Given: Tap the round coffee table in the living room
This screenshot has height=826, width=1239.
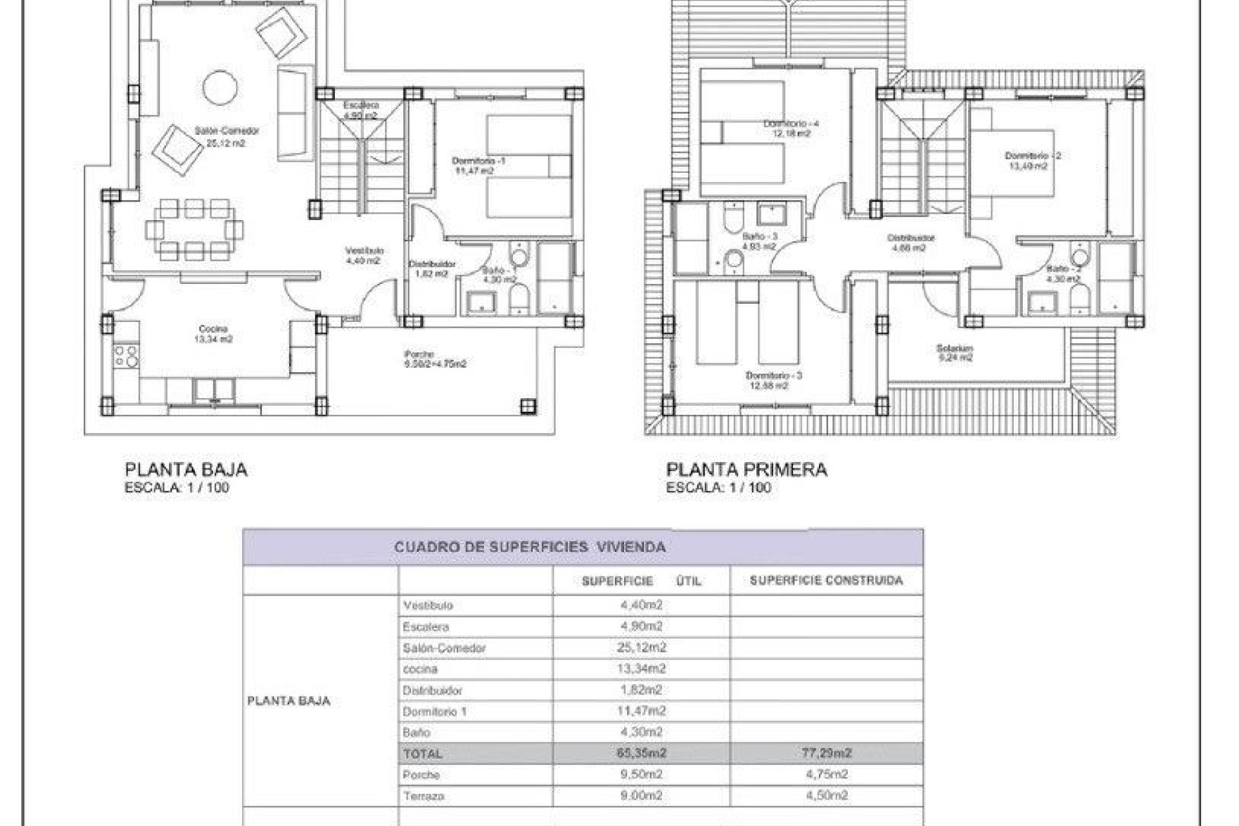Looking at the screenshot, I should pyautogui.click(x=220, y=87).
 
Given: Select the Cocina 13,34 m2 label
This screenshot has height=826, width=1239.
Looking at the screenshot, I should pyautogui.click(x=213, y=334).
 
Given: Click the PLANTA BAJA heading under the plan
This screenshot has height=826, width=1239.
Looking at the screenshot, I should pyautogui.click(x=186, y=470).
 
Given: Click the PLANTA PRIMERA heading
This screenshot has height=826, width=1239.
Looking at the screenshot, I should pyautogui.click(x=746, y=470).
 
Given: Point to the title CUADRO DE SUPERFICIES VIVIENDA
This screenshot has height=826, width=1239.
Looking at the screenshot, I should pyautogui.click(x=529, y=547).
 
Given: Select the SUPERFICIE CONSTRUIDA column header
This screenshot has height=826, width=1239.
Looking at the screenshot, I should pyautogui.click(x=826, y=581).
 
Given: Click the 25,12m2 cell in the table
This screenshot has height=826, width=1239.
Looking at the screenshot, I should pyautogui.click(x=641, y=647).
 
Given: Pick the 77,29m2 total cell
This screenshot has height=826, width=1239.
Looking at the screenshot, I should pyautogui.click(x=826, y=753).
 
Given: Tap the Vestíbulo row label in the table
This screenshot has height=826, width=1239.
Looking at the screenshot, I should pyautogui.click(x=428, y=605).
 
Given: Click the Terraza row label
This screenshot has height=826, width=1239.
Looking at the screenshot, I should pyautogui.click(x=423, y=796).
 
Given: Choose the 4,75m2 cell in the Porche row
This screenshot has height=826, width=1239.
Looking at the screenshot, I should pyautogui.click(x=826, y=774).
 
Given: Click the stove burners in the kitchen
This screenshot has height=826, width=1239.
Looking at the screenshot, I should pyautogui.click(x=126, y=356).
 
